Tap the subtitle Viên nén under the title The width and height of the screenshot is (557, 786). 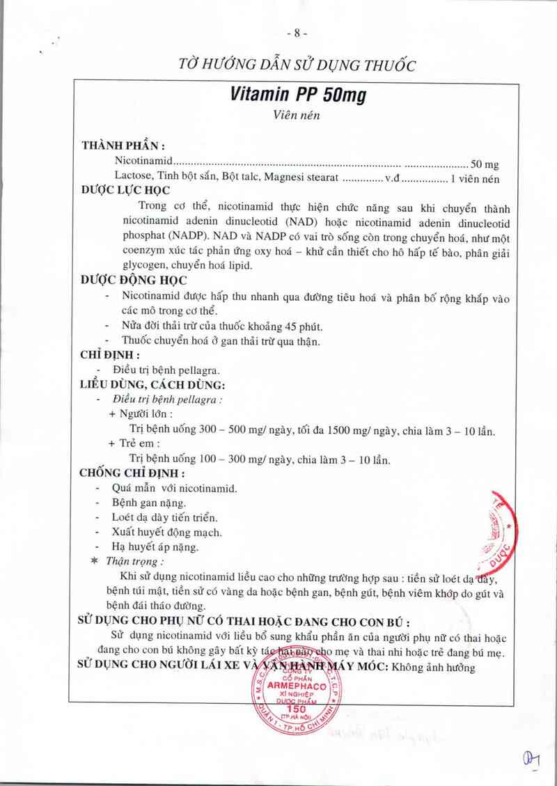(x=297, y=116)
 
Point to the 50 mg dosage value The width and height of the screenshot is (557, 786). (x=485, y=164)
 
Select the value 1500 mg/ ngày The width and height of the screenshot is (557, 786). (x=350, y=431)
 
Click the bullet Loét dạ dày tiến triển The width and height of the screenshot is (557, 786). (x=165, y=517)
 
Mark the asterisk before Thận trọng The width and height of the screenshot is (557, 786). (x=95, y=561)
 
